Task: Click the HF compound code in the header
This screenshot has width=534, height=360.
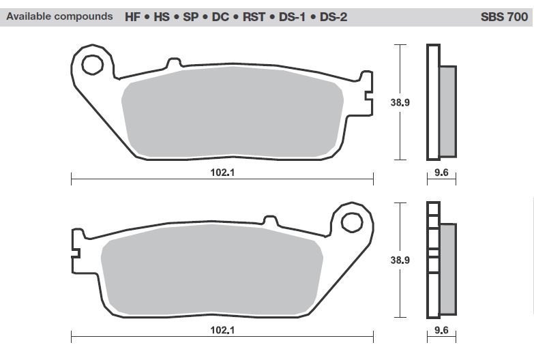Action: pos(132,16)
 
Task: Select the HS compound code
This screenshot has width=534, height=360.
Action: pos(162,16)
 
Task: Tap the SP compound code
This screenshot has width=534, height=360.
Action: pos(191,16)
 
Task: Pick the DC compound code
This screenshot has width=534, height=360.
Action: pos(220,16)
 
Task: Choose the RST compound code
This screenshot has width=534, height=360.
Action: pos(254,16)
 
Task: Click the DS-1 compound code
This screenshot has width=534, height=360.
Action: pos(292,16)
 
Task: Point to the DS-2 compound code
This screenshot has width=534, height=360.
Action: pos(333,16)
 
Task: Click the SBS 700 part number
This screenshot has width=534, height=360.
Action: pos(504,16)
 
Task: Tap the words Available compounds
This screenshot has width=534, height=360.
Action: pos(59,16)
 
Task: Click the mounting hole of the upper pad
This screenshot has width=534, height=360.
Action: pos(92,65)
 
